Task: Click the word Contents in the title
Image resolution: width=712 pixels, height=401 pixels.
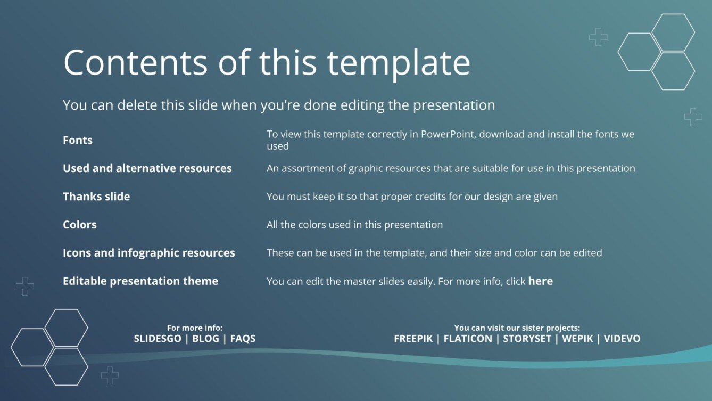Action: [x=135, y=62]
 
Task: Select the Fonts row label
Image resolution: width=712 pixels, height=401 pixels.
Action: [x=78, y=140]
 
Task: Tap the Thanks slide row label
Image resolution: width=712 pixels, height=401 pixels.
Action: [x=96, y=197]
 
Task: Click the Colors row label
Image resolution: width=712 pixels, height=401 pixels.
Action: [x=80, y=225]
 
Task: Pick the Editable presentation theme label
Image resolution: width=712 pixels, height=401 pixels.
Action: [x=140, y=281]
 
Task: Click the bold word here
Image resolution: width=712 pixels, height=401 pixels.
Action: [x=540, y=281]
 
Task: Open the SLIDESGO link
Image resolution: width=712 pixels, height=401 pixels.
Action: [x=158, y=339]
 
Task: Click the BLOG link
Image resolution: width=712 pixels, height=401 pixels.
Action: [x=205, y=339]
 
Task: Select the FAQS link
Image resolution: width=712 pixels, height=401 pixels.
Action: [x=243, y=339]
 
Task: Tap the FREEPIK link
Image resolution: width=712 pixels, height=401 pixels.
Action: [x=413, y=339]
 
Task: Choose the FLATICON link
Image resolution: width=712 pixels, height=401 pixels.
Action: [x=468, y=339]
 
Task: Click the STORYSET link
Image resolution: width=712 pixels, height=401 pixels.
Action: [x=527, y=339]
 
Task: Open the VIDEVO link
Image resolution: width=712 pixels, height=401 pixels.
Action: [x=622, y=339]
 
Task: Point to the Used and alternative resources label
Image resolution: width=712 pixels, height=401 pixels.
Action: [x=147, y=168]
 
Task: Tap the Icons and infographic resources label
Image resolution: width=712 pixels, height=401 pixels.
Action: [x=149, y=253]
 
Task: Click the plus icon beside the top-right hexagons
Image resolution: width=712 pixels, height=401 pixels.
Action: [x=598, y=37]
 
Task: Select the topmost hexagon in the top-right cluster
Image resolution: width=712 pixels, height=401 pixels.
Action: [x=673, y=32]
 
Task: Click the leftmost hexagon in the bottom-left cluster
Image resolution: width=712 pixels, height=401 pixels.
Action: [x=32, y=347]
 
